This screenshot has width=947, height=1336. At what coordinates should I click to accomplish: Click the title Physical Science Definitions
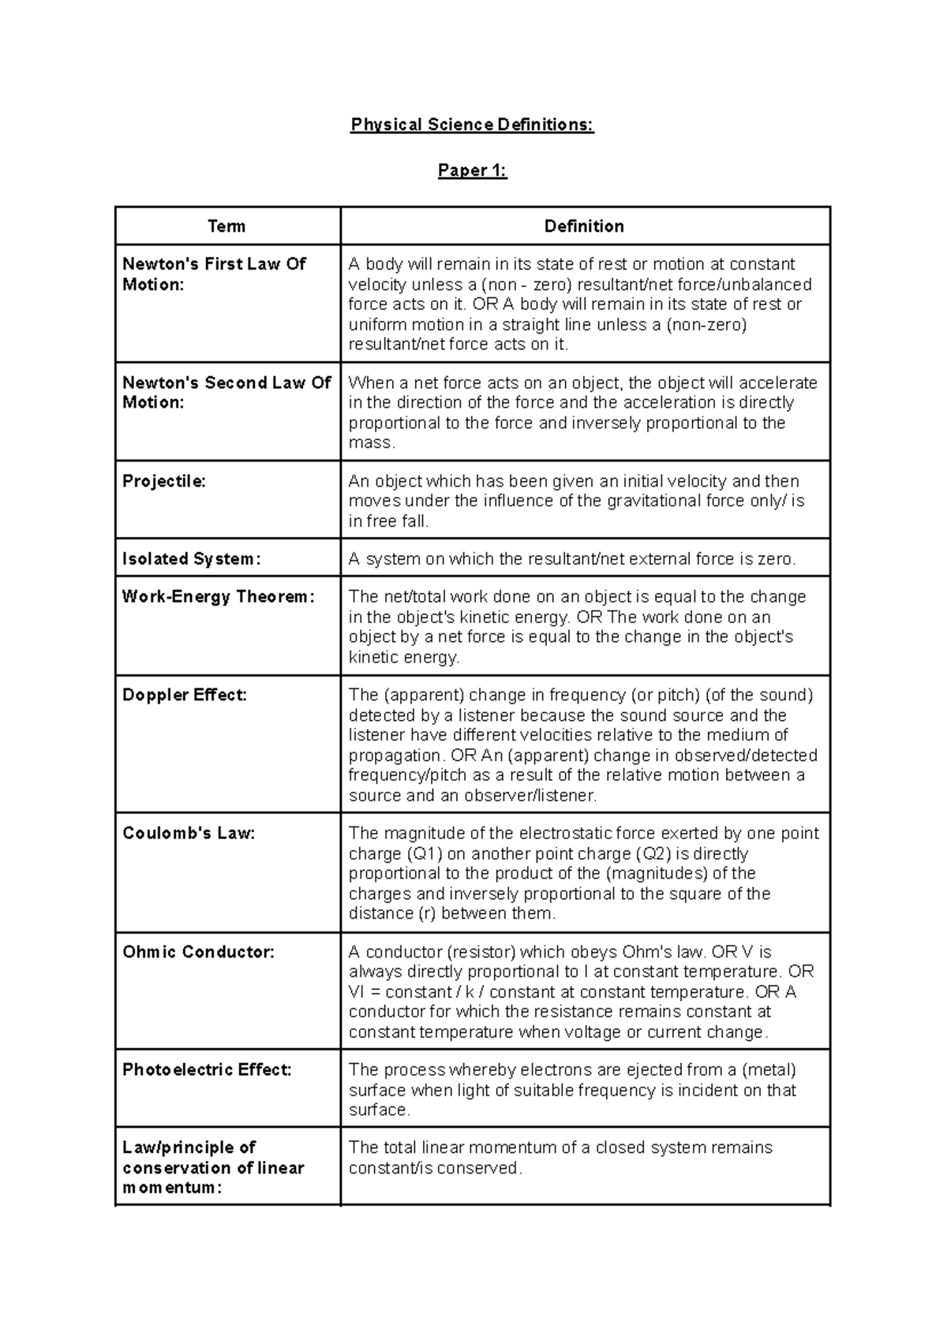click(x=472, y=125)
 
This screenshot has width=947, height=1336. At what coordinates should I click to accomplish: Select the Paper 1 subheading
click(x=472, y=170)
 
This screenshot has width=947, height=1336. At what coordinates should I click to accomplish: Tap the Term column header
click(x=226, y=226)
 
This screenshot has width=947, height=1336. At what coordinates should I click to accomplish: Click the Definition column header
click(x=584, y=226)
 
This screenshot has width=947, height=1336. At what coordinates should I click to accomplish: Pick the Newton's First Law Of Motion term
click(x=214, y=274)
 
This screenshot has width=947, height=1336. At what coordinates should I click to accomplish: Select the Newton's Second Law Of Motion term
click(x=226, y=392)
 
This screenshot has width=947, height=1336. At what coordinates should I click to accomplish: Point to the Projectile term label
click(x=164, y=481)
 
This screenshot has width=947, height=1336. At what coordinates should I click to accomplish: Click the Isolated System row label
click(x=191, y=558)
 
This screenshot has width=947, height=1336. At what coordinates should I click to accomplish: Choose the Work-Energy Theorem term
click(x=218, y=596)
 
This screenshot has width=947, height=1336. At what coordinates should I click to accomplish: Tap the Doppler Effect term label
click(x=185, y=695)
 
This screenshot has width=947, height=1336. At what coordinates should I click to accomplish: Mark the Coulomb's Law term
click(x=189, y=833)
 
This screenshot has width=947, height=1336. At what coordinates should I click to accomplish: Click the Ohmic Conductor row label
click(x=198, y=952)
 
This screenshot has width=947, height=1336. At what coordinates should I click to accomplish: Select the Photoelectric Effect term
click(x=207, y=1069)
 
